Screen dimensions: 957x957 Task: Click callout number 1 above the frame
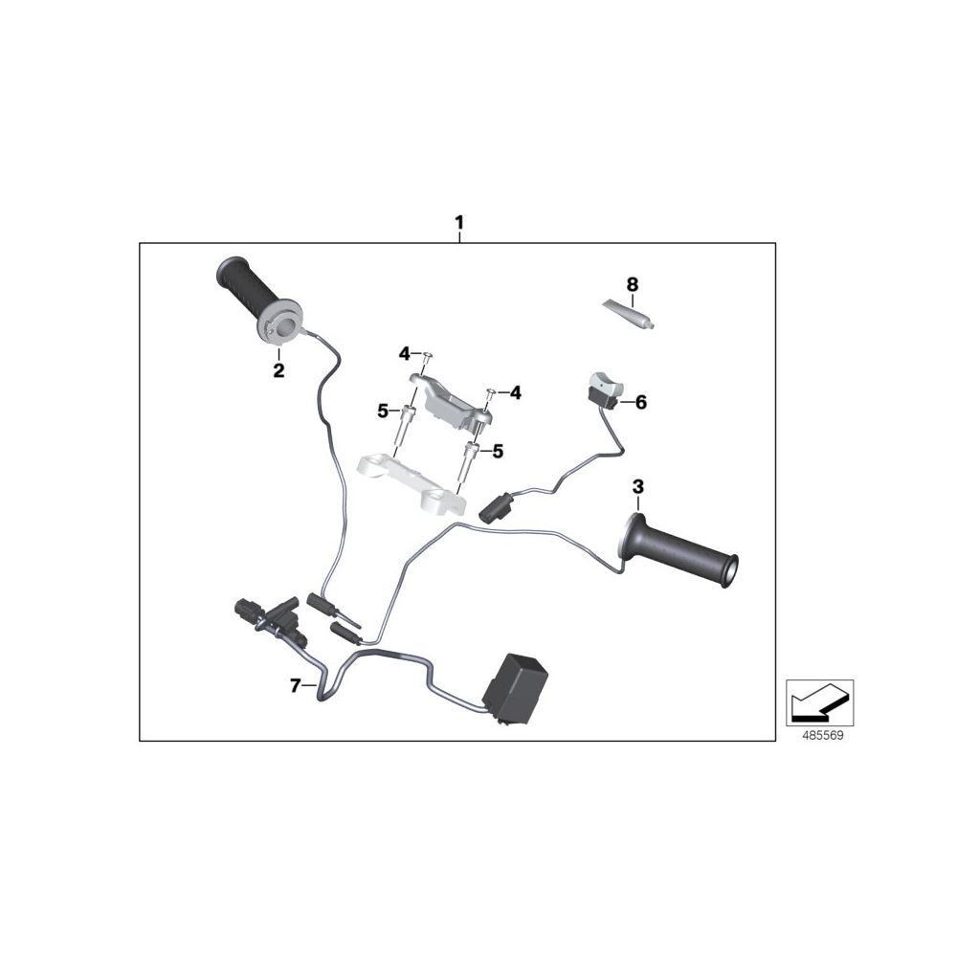coord(459,221)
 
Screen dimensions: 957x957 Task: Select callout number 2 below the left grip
coord(278,370)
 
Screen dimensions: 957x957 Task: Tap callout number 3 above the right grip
coord(637,487)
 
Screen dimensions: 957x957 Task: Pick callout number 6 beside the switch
coord(640,402)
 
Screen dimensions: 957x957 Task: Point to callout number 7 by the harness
coord(296,686)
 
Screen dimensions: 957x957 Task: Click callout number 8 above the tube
coord(633,284)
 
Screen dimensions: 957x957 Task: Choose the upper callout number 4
coord(405,353)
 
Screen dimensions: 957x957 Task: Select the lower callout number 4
coord(516,393)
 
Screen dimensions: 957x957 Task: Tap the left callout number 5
coord(383,412)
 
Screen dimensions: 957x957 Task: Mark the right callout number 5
coord(498,452)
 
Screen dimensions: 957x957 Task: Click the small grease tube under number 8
coord(629,314)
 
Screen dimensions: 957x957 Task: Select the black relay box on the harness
coord(515,688)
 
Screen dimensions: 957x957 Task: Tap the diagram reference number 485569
coord(823,736)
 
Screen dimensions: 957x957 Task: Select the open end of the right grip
coord(729,570)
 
